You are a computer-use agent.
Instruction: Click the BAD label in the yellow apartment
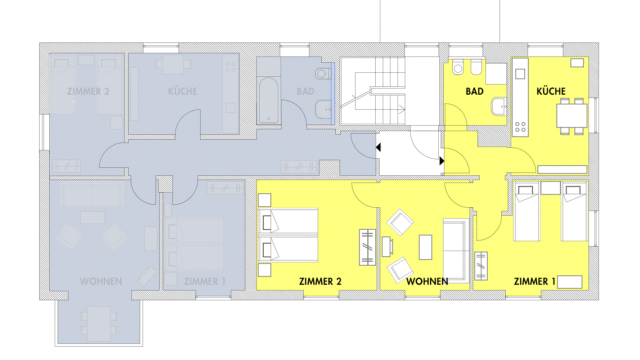tap(474, 91)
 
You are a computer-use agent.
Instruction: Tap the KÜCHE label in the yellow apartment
tap(551, 91)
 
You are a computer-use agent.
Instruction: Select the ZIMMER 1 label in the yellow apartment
tap(534, 281)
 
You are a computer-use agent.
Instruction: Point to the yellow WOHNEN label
tap(427, 281)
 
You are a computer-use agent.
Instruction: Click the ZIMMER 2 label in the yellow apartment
tap(320, 281)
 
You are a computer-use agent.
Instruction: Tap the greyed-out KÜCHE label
tap(182, 91)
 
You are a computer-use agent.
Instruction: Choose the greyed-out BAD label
tap(305, 91)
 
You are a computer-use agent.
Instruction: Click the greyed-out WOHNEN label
tap(101, 281)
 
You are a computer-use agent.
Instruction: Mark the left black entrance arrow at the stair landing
tap(378, 147)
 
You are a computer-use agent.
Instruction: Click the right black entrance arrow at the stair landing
tap(442, 161)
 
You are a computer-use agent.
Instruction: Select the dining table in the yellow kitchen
tap(572, 116)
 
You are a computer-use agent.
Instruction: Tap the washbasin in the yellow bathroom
tap(499, 107)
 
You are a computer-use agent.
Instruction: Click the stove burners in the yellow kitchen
tap(520, 127)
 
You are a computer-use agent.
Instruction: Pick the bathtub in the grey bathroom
tap(268, 100)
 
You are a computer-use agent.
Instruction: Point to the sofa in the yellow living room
tap(456, 251)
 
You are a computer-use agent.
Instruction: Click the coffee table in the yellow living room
tap(425, 247)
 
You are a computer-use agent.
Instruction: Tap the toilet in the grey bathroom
tap(324, 74)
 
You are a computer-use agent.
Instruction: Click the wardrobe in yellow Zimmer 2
tap(367, 247)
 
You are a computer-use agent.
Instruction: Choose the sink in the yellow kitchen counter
tap(520, 74)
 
